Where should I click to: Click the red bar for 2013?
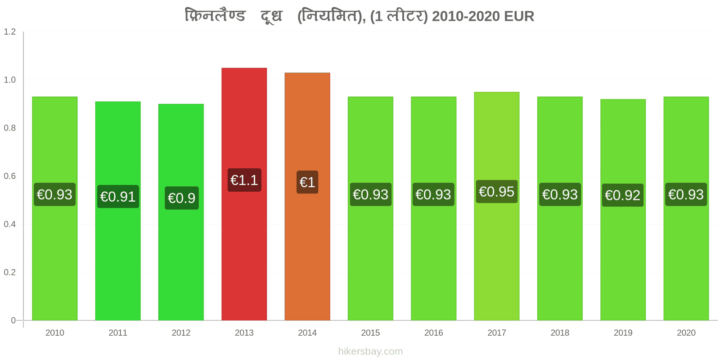pyautogui.click(x=244, y=194)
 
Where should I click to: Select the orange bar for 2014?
pyautogui.click(x=307, y=196)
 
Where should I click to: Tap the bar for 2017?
pyautogui.click(x=497, y=206)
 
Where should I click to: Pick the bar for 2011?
pyautogui.click(x=118, y=211)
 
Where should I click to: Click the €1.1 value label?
pyautogui.click(x=244, y=180)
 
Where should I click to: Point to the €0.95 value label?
pyautogui.click(x=497, y=192)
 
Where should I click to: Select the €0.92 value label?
pyautogui.click(x=623, y=195)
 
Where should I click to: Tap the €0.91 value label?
pyautogui.click(x=118, y=196)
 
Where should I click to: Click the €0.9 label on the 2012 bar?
pyautogui.click(x=182, y=198)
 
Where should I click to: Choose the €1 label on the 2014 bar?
pyautogui.click(x=307, y=182)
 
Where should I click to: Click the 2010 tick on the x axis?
pyautogui.click(x=54, y=333)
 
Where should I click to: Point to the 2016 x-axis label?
pyautogui.click(x=433, y=333)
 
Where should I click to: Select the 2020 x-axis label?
pyautogui.click(x=686, y=333)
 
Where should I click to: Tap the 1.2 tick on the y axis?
pyautogui.click(x=9, y=31)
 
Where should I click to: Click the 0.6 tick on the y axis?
pyautogui.click(x=9, y=176)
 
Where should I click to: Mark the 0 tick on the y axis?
pyautogui.click(x=13, y=320)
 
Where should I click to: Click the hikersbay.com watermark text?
pyautogui.click(x=370, y=351)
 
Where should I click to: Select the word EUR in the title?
pyautogui.click(x=519, y=16)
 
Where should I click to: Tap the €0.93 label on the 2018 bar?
pyautogui.click(x=560, y=194)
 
